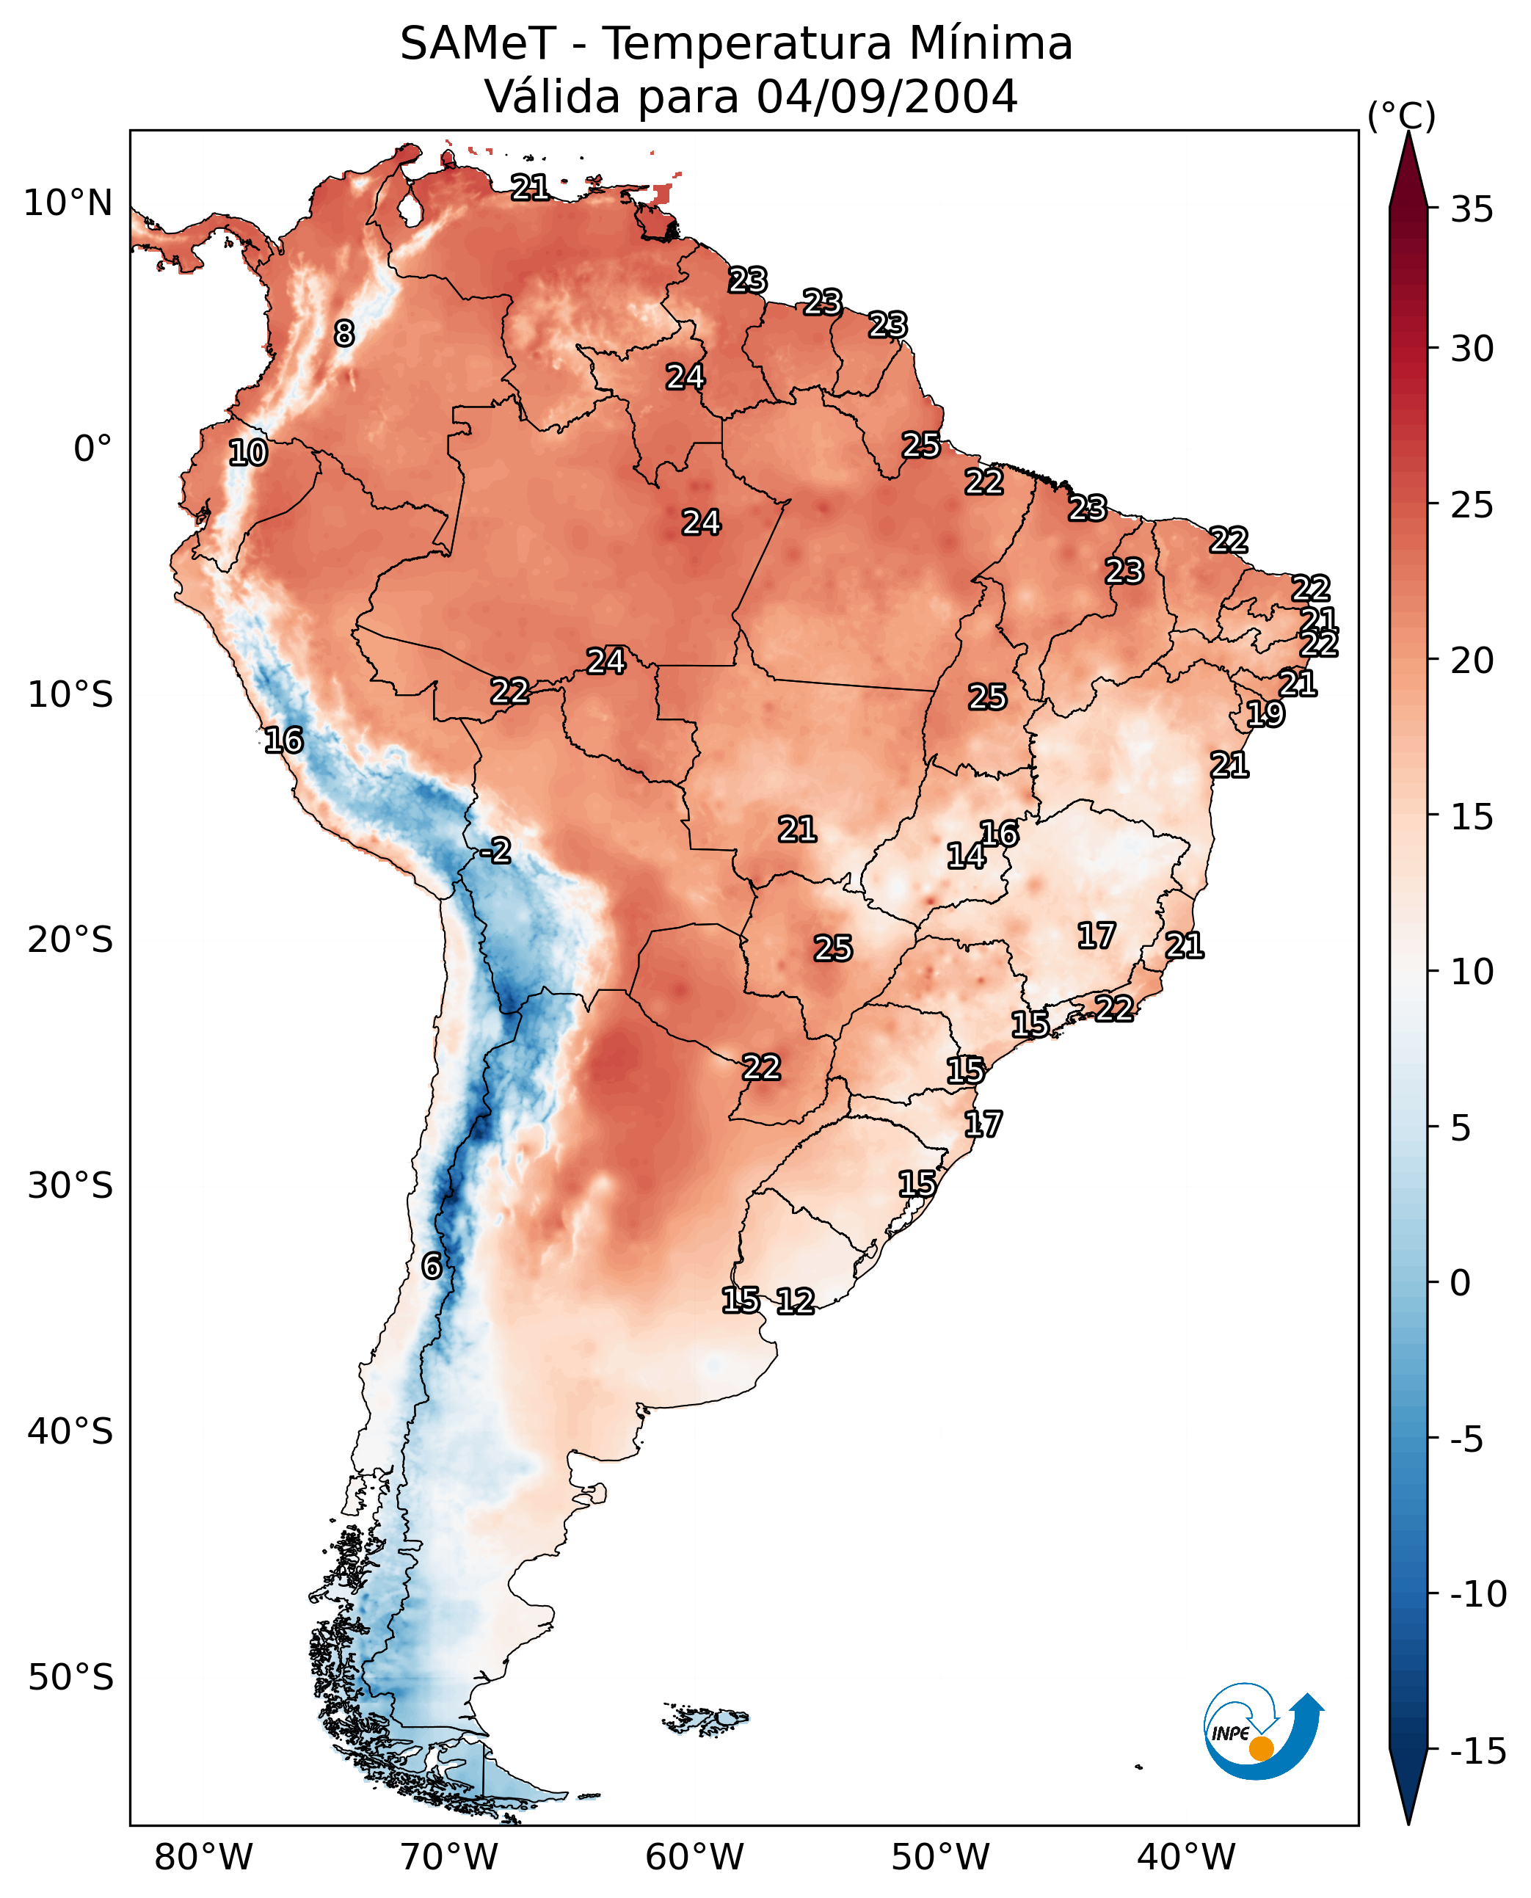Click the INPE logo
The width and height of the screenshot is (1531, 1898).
pyautogui.click(x=1262, y=1732)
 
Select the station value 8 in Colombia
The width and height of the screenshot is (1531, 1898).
pyautogui.click(x=344, y=333)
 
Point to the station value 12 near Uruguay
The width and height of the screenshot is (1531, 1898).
pyautogui.click(x=796, y=1301)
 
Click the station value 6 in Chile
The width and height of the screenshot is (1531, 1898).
pyautogui.click(x=432, y=1265)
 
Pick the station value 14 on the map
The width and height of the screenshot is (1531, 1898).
pyautogui.click(x=966, y=856)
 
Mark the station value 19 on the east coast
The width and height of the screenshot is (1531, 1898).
pyautogui.click(x=1265, y=713)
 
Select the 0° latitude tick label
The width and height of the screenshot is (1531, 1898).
pyautogui.click(x=92, y=449)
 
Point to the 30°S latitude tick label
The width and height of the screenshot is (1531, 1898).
pyautogui.click(x=70, y=1185)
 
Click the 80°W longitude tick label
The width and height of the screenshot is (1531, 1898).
pyautogui.click(x=204, y=1857)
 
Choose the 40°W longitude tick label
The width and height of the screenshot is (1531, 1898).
pyautogui.click(x=1186, y=1857)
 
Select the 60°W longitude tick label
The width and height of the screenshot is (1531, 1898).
pyautogui.click(x=695, y=1857)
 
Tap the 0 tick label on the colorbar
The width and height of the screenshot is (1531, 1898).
pyautogui.click(x=1461, y=1282)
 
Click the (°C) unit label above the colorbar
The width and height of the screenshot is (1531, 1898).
pyautogui.click(x=1401, y=115)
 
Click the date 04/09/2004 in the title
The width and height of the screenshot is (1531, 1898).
pyautogui.click(x=887, y=96)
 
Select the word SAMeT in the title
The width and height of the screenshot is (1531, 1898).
pyautogui.click(x=477, y=43)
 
